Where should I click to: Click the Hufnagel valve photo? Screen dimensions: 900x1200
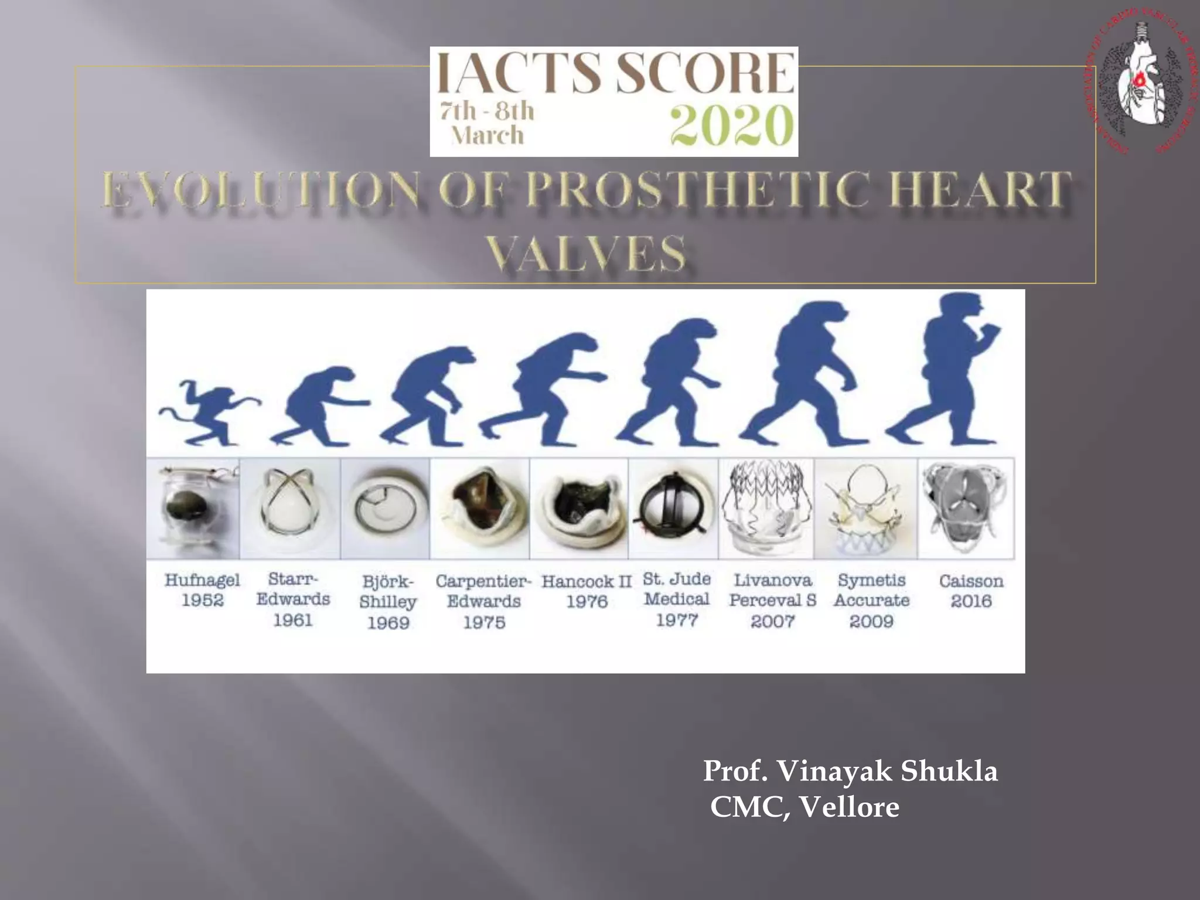pyautogui.click(x=193, y=509)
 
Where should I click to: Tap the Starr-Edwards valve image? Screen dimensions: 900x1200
pyautogui.click(x=291, y=509)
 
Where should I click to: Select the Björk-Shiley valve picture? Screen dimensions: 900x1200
pyautogui.click(x=386, y=509)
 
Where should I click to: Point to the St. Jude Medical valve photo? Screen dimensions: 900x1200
pyautogui.click(x=673, y=509)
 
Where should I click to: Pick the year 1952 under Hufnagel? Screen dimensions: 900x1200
pyautogui.click(x=202, y=601)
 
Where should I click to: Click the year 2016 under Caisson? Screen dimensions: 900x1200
pyautogui.click(x=971, y=601)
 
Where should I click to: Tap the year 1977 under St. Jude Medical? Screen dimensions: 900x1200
pyautogui.click(x=677, y=620)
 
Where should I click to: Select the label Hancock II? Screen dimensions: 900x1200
pyautogui.click(x=587, y=581)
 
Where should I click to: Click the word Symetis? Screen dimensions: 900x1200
pyautogui.click(x=871, y=580)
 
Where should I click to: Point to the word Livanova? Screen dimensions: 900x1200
pyautogui.click(x=773, y=580)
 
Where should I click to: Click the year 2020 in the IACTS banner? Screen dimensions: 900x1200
pyautogui.click(x=732, y=126)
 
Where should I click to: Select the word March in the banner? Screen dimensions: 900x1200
pyautogui.click(x=487, y=135)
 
